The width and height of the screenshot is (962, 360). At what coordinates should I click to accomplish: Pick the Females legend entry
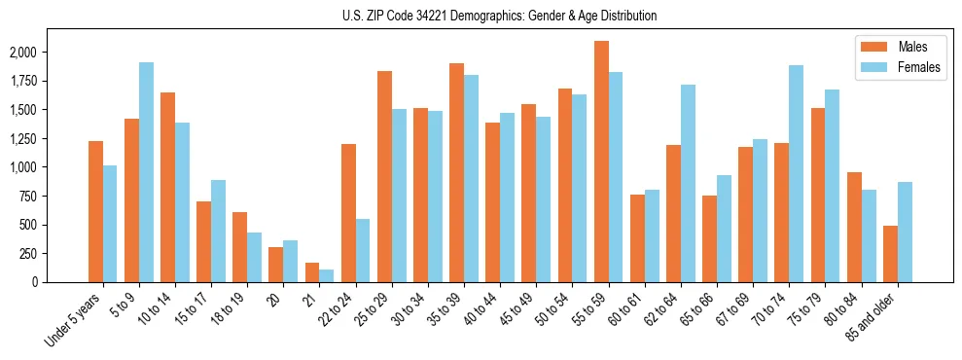(898, 68)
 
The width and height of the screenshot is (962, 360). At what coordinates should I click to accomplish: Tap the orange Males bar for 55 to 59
(601, 162)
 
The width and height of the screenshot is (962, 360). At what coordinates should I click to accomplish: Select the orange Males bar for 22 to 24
(348, 213)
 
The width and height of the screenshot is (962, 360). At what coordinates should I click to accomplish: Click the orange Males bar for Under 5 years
(95, 211)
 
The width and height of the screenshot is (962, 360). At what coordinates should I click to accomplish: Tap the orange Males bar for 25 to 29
(384, 176)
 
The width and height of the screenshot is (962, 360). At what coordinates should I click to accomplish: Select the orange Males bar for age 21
(312, 272)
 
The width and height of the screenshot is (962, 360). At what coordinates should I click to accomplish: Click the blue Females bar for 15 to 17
(218, 231)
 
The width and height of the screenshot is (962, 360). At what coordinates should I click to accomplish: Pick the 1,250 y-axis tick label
(49, 139)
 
